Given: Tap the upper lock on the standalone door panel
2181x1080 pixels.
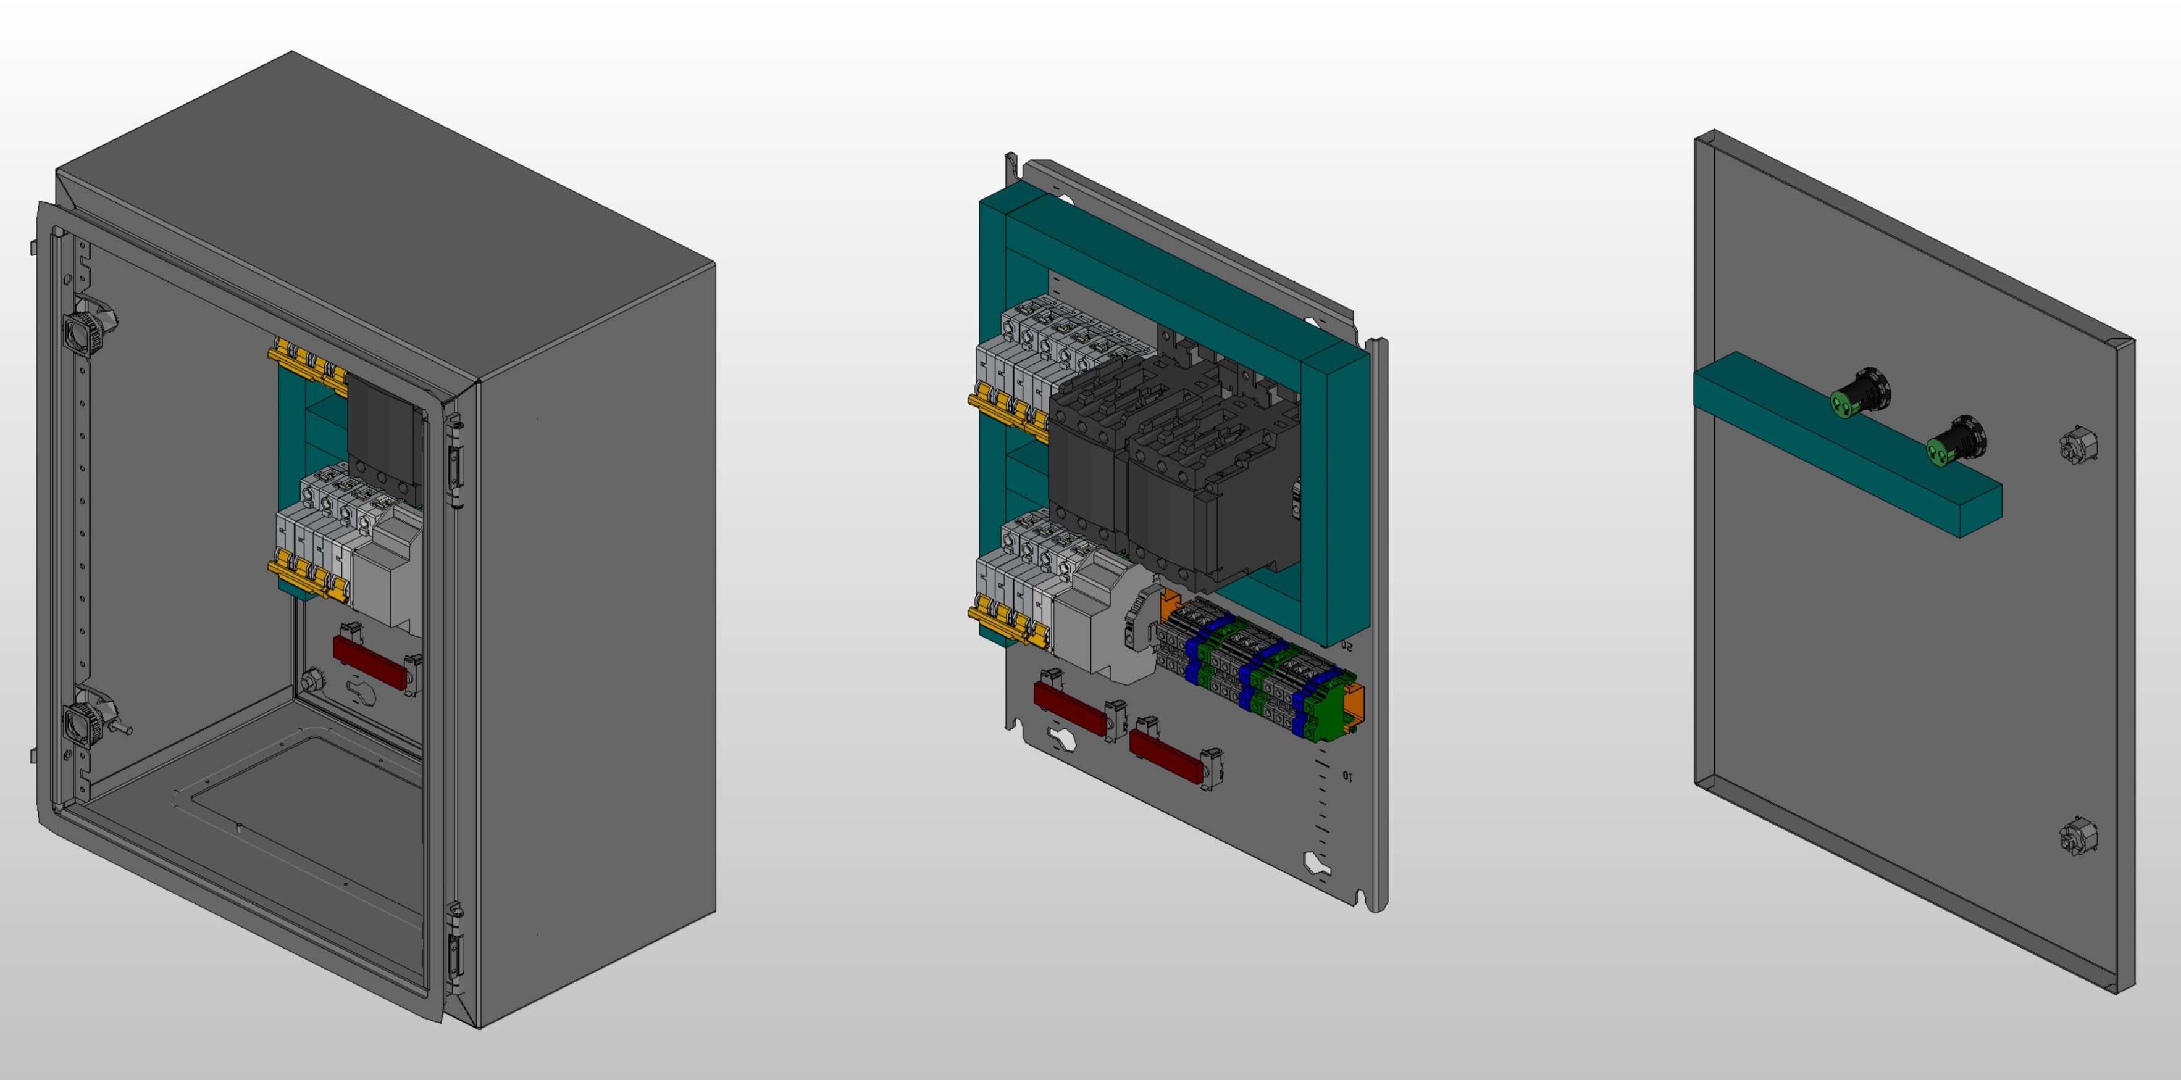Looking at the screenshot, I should (x=2077, y=445).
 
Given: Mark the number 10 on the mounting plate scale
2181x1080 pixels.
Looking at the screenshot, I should (x=1347, y=775).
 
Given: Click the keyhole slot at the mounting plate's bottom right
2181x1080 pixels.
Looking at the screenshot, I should (x=1316, y=864).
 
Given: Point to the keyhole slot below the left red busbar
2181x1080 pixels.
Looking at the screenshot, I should (x=1061, y=738).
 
